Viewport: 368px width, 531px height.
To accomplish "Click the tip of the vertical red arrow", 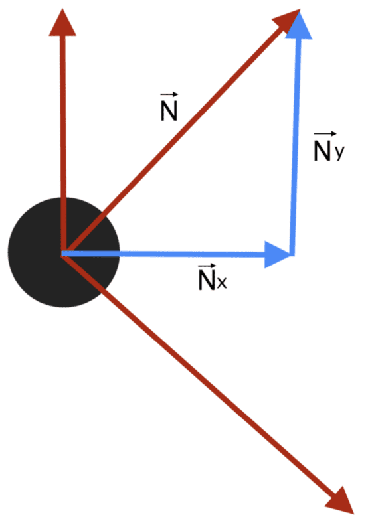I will [x=63, y=12].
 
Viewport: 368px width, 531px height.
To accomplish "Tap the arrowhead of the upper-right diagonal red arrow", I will [x=290, y=17].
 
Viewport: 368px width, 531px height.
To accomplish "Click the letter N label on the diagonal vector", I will [x=169, y=111].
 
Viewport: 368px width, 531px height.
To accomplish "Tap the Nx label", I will [x=212, y=281].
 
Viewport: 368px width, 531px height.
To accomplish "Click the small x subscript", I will [x=222, y=284].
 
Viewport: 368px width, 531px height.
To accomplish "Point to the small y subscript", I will [x=339, y=153].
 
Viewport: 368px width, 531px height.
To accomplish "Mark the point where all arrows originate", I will [x=62, y=253].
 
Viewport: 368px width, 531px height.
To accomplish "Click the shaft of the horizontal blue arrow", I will [x=166, y=253].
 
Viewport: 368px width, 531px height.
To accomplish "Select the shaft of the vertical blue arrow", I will [x=294, y=146].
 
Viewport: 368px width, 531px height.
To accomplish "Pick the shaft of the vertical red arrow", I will [x=64, y=133].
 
